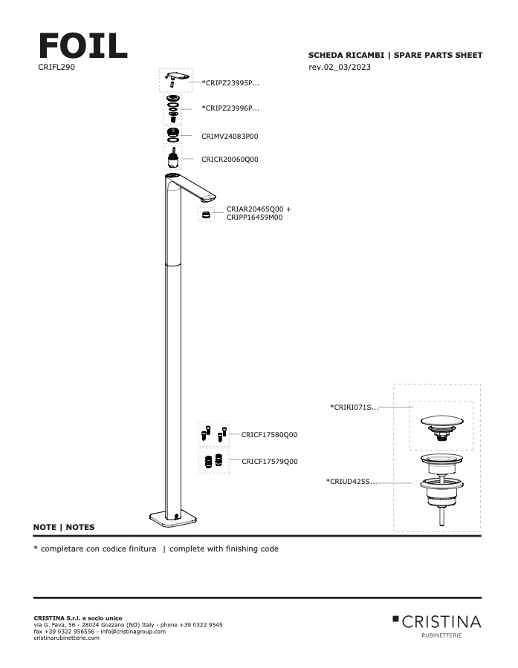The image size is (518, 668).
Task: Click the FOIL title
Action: [x=82, y=45]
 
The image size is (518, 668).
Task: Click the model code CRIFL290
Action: [x=55, y=67]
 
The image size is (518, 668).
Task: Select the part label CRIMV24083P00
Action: [x=230, y=137]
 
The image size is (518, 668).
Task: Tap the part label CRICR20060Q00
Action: [x=230, y=160]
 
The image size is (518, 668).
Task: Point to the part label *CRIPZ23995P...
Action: [x=230, y=83]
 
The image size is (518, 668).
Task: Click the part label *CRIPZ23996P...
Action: [x=230, y=108]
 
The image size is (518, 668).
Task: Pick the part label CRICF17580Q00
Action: [x=269, y=435]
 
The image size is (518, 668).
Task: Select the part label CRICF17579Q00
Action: [x=269, y=462]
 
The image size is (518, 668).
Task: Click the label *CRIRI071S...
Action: [x=354, y=407]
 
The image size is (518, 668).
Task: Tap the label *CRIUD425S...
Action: [x=352, y=482]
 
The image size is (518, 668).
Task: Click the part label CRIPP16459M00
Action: [x=254, y=217]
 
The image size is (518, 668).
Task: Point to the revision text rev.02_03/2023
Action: [x=340, y=68]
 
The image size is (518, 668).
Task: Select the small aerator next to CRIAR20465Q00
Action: [x=207, y=215]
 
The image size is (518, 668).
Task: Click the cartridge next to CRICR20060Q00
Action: [x=173, y=160]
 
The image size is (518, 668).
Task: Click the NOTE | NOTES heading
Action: [x=64, y=527]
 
